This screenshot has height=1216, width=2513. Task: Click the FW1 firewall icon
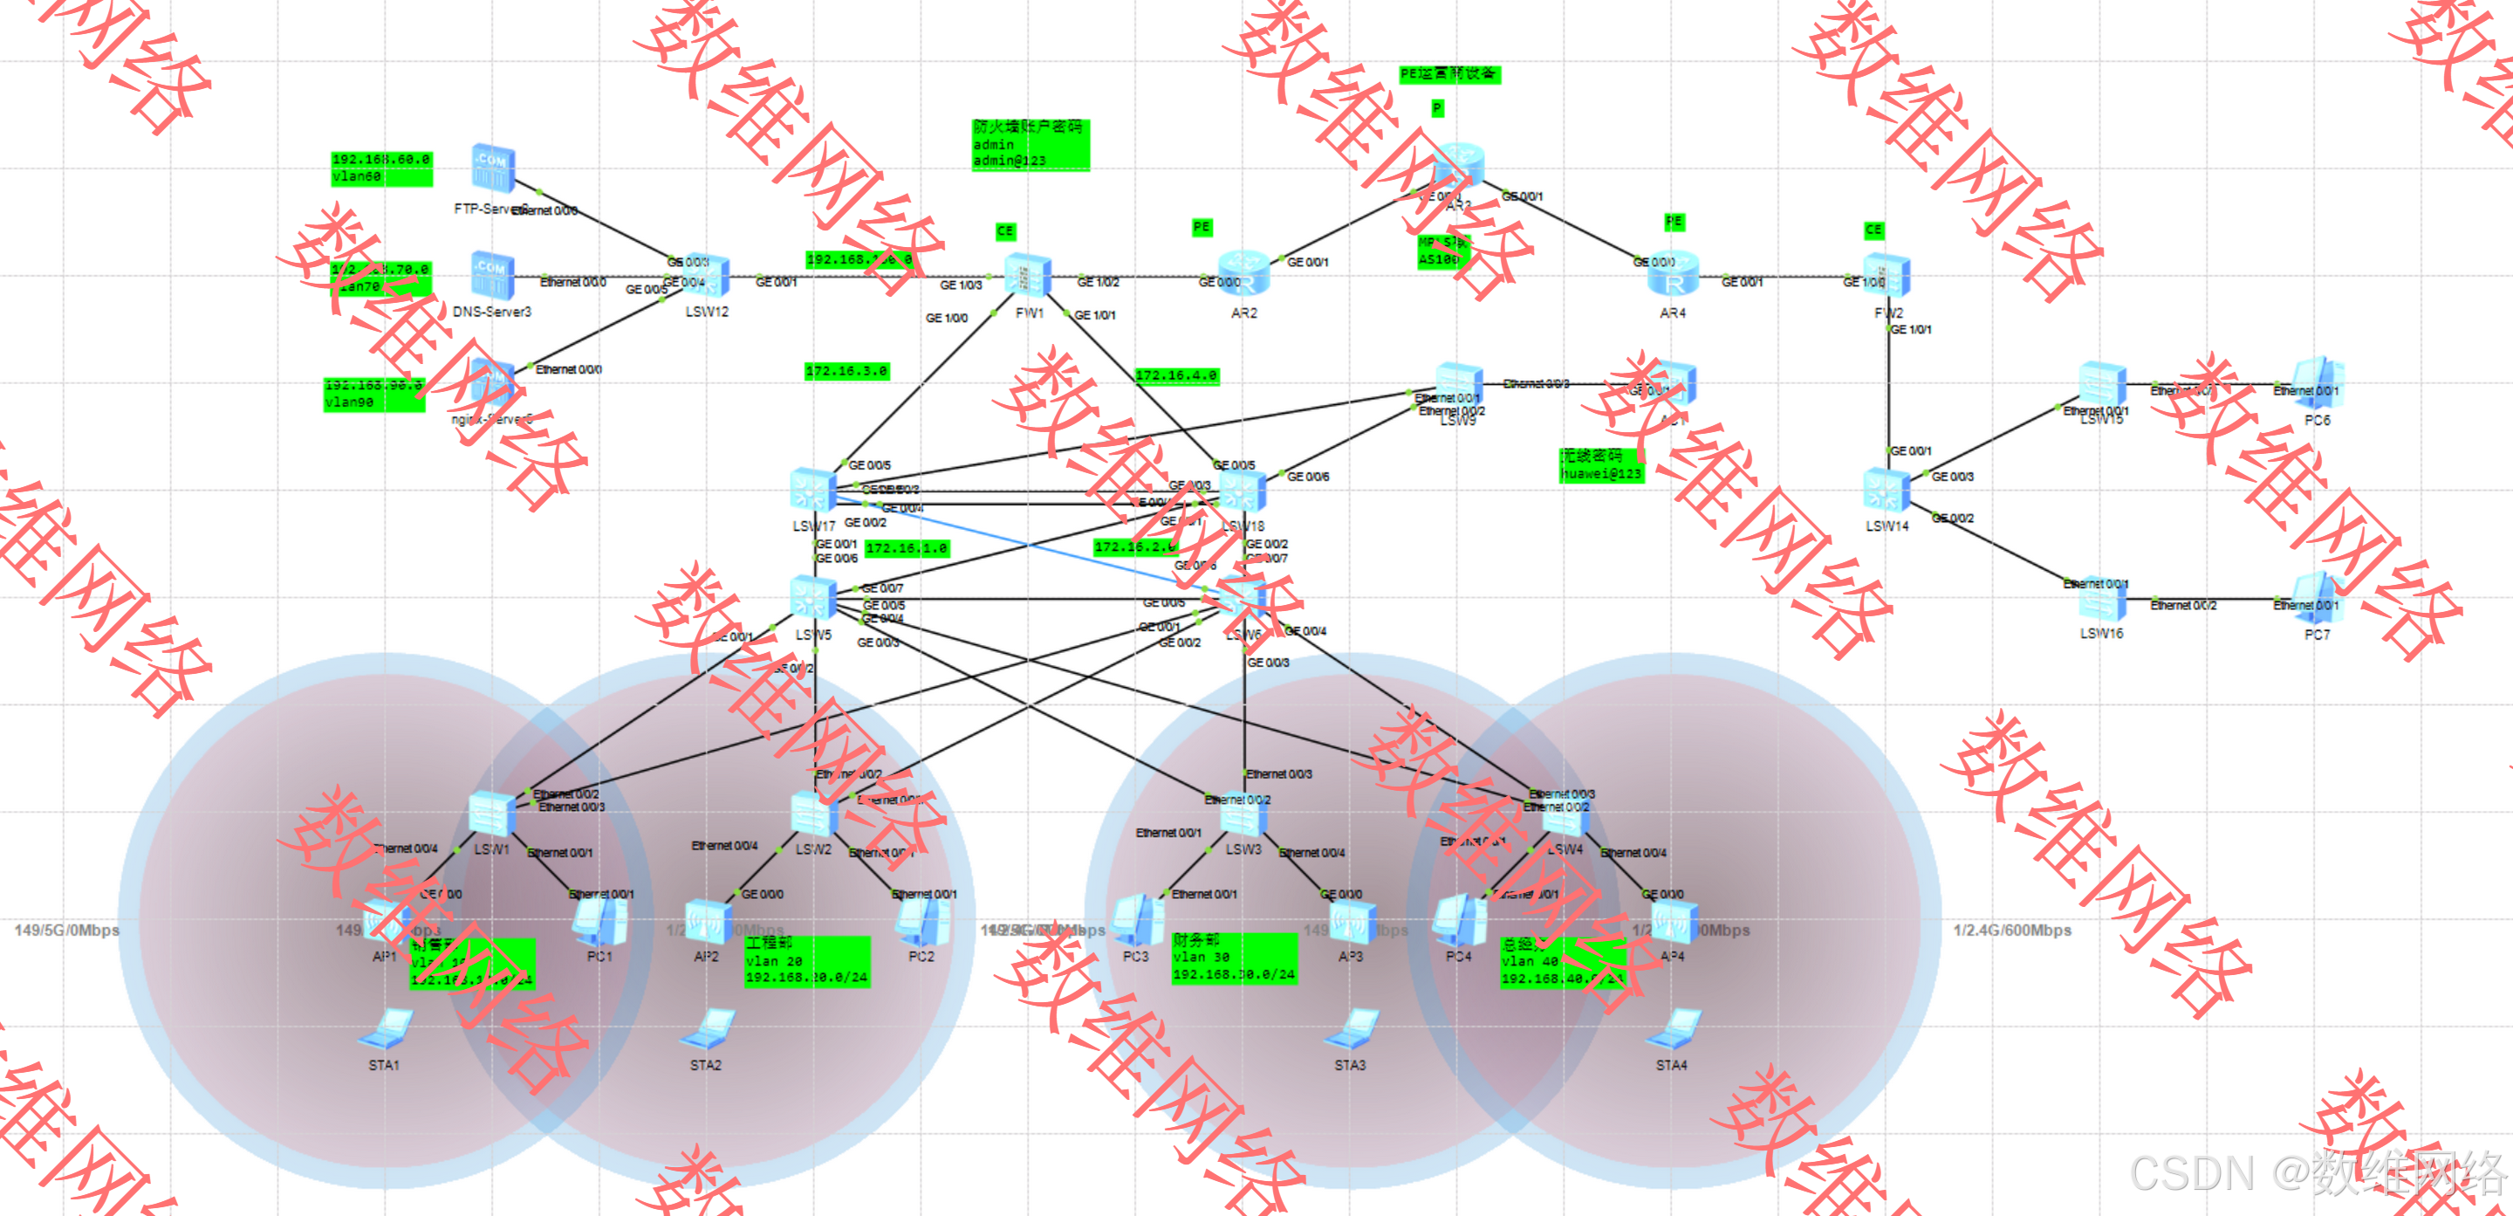point(1028,275)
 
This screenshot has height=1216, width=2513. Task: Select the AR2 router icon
point(1243,274)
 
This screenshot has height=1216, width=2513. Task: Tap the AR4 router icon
point(1673,274)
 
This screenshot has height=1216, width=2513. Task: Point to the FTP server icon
point(493,168)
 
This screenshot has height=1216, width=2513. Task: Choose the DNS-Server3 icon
point(493,274)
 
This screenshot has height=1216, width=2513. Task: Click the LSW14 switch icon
point(1886,490)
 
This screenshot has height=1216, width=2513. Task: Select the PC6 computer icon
point(2317,383)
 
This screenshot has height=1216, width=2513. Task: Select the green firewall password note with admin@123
point(1031,144)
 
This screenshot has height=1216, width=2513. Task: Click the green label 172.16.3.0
point(846,372)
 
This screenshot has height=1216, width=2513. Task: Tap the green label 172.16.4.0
point(1176,375)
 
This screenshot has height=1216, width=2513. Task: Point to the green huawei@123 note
point(1601,465)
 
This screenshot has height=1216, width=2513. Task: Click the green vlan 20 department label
point(805,961)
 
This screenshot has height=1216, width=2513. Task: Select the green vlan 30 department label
point(1234,958)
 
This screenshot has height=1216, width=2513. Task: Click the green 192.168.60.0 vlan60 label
point(381,168)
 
